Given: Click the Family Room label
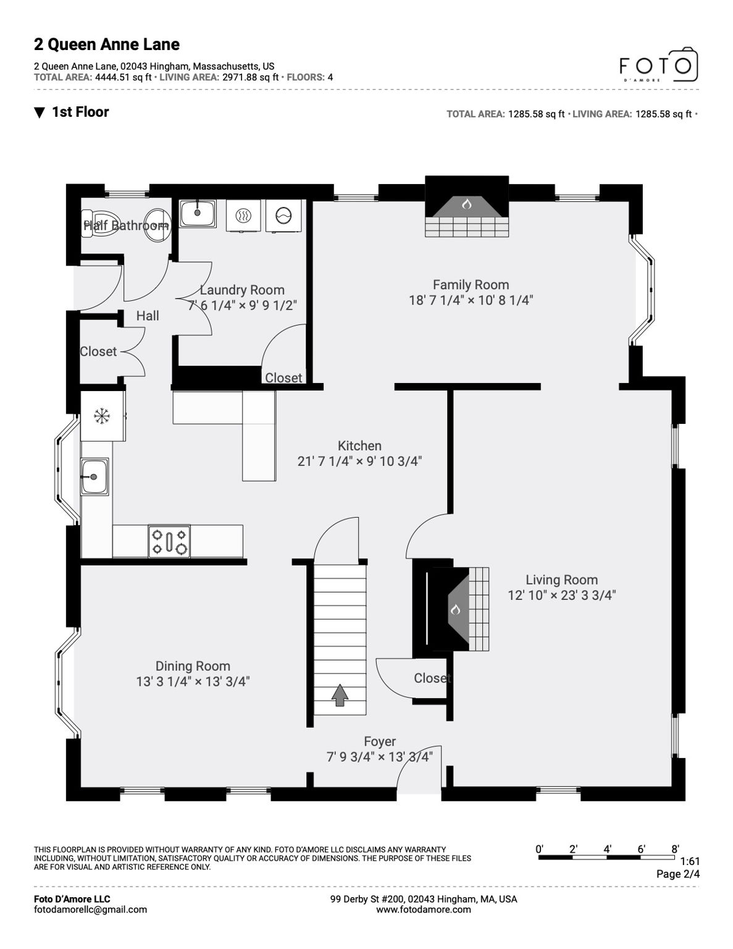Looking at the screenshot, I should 471,285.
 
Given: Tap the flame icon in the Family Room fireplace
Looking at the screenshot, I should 467,203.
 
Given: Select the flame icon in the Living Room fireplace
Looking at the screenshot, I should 455,609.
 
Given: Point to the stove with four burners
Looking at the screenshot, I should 169,541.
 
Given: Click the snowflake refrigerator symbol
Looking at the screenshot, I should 101,416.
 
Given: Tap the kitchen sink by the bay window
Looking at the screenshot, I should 94,476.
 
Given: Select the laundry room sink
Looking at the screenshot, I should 198,213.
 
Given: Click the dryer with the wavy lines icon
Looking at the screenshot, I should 244,216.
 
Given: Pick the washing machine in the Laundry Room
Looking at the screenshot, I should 283,216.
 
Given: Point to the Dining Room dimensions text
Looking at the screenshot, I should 193,681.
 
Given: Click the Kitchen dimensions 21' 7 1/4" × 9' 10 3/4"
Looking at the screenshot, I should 359,461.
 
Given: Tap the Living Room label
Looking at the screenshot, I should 561,580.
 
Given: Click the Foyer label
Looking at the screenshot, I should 379,741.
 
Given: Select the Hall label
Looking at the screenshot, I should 148,316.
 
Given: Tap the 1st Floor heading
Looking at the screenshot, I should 80,112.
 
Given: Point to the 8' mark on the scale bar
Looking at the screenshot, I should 675,849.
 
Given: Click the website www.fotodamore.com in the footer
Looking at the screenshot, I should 423,909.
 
